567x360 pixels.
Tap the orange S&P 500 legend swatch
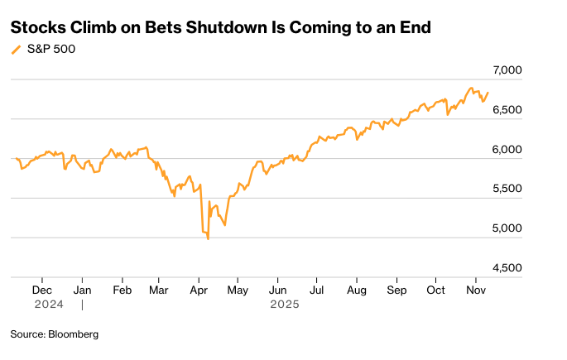point(16,50)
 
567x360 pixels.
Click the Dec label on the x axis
point(42,290)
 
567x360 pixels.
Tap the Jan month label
point(82,290)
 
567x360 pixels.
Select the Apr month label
point(199,290)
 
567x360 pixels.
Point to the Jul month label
point(316,290)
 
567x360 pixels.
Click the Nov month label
point(475,290)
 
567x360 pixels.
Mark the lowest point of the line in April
point(208,239)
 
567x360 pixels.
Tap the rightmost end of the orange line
point(488,93)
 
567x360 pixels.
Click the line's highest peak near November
point(472,88)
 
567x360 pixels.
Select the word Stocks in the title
point(33,27)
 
